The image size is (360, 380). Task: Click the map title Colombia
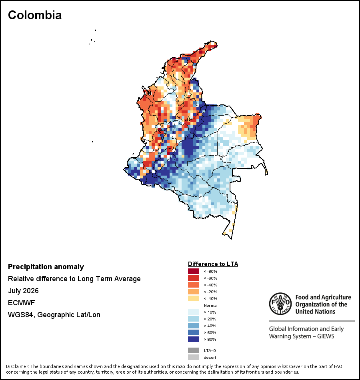pyautogui.click(x=35, y=15)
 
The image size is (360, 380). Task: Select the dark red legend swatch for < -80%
pyautogui.click(x=194, y=271)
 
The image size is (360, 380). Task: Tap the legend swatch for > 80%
pyautogui.click(x=194, y=339)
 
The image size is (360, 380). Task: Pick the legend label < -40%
pyautogui.click(x=210, y=285)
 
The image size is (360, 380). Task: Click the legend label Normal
pyautogui.click(x=211, y=305)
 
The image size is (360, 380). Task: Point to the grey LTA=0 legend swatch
pyautogui.click(x=194, y=350)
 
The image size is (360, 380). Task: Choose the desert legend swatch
pyautogui.click(x=194, y=357)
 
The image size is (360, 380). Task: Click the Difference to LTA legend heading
pyautogui.click(x=213, y=264)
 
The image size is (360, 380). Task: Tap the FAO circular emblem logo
pyautogui.click(x=280, y=304)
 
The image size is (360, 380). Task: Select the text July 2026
pyautogui.click(x=23, y=290)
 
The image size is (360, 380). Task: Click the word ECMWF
pyautogui.click(x=21, y=303)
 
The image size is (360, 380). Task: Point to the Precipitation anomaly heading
pyautogui.click(x=46, y=267)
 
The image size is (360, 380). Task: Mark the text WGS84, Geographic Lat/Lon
pyautogui.click(x=54, y=315)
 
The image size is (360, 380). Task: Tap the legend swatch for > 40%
pyautogui.click(x=194, y=326)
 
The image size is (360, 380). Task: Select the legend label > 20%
pyautogui.click(x=210, y=319)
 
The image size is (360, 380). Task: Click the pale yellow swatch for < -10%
pyautogui.click(x=194, y=298)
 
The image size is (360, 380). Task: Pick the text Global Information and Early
pyautogui.click(x=306, y=329)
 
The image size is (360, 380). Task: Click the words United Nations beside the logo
pyautogui.click(x=315, y=312)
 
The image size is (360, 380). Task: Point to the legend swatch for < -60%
pyautogui.click(x=194, y=278)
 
